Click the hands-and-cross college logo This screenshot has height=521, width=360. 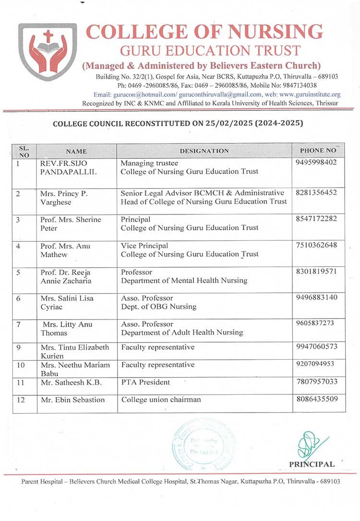[x=47, y=51]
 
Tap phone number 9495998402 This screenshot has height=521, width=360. [x=317, y=163]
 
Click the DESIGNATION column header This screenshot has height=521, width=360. [x=204, y=151]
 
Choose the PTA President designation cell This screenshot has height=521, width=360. [x=145, y=382]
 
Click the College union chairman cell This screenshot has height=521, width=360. [x=161, y=400]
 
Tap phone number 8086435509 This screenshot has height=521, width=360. [x=317, y=399]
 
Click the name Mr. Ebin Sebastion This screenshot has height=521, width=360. [x=72, y=400]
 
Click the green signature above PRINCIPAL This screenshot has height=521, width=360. [x=309, y=446]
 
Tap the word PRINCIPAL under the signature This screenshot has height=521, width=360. [x=312, y=464]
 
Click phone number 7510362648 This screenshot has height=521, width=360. [x=317, y=246]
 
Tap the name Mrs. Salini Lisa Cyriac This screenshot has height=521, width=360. [x=67, y=302]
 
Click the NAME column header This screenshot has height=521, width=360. [x=76, y=151]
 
